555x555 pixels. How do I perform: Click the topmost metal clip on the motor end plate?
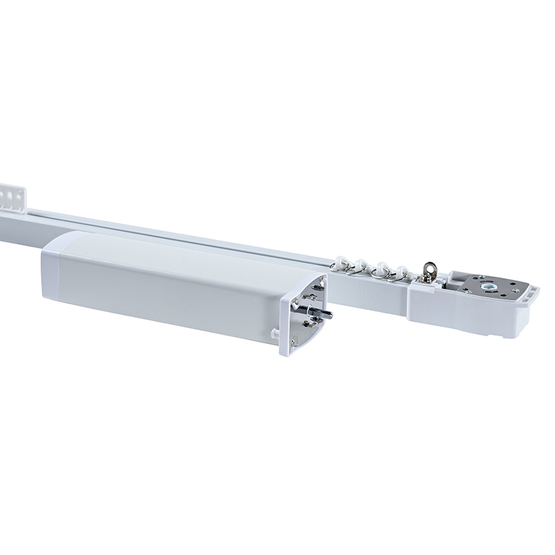[x=318, y=284]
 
